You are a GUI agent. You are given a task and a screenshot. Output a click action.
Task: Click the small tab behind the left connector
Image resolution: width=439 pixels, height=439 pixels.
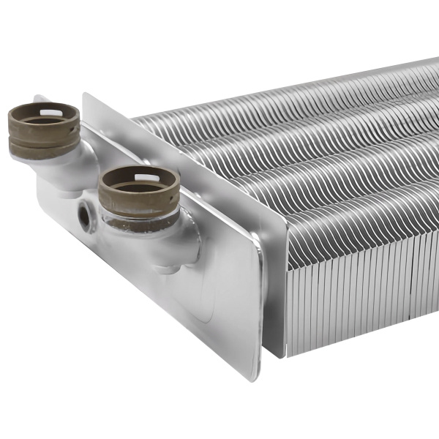tap(40, 100)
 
